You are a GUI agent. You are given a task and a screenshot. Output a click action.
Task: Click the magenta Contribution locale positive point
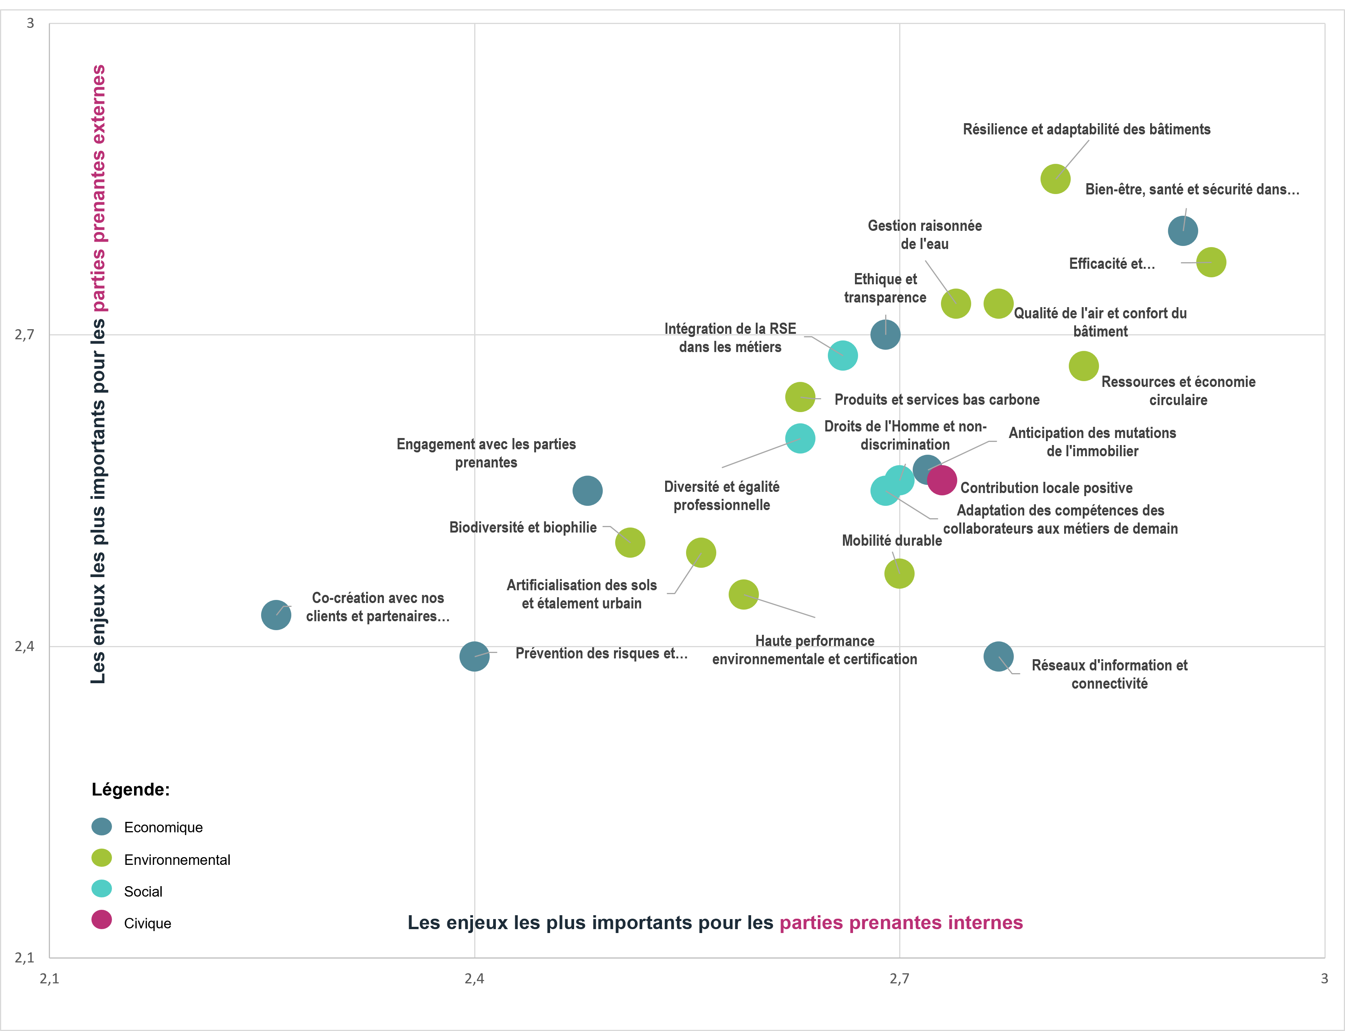942,479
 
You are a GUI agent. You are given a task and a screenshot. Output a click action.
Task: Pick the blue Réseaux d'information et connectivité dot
998,656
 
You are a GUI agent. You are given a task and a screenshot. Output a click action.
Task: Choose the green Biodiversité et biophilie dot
630,543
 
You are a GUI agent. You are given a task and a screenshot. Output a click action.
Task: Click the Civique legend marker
102,919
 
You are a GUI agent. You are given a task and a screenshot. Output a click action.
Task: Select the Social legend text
143,892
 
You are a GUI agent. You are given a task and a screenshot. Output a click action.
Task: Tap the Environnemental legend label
177,860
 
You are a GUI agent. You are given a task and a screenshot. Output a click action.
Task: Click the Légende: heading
131,789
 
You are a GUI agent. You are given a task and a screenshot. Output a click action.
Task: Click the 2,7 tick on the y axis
24,335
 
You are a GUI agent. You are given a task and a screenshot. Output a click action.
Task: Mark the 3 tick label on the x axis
1324,978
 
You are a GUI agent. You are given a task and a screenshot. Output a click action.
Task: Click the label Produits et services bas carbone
937,400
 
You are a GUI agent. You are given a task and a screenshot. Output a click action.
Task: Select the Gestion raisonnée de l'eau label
925,234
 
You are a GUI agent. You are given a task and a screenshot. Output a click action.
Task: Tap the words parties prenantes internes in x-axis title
901,923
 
